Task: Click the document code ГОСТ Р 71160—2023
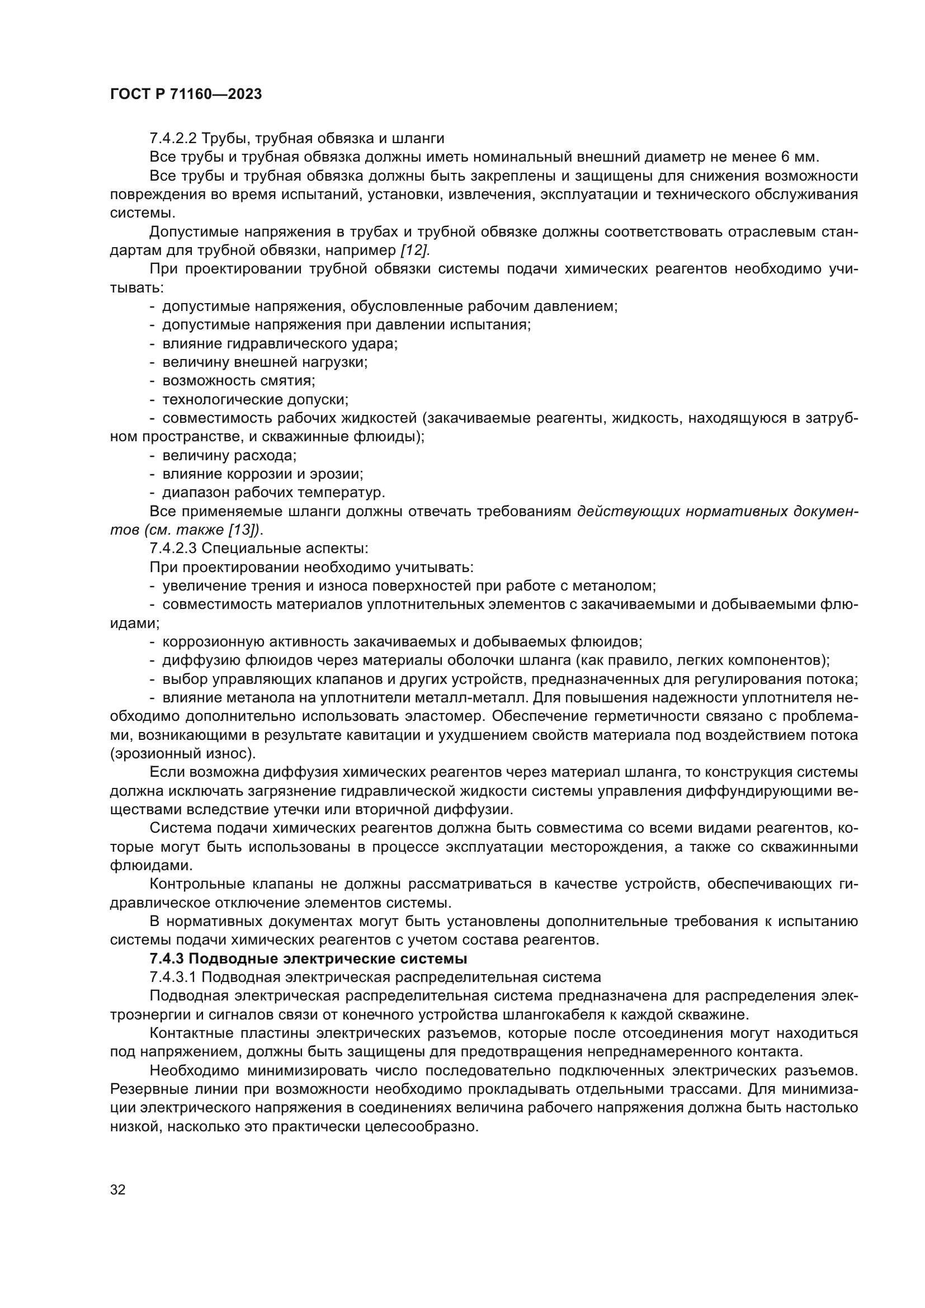tap(186, 95)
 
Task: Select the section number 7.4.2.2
tap(173, 139)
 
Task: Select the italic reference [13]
tap(244, 530)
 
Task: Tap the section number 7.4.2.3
tap(173, 549)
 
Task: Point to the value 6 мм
tap(797, 157)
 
